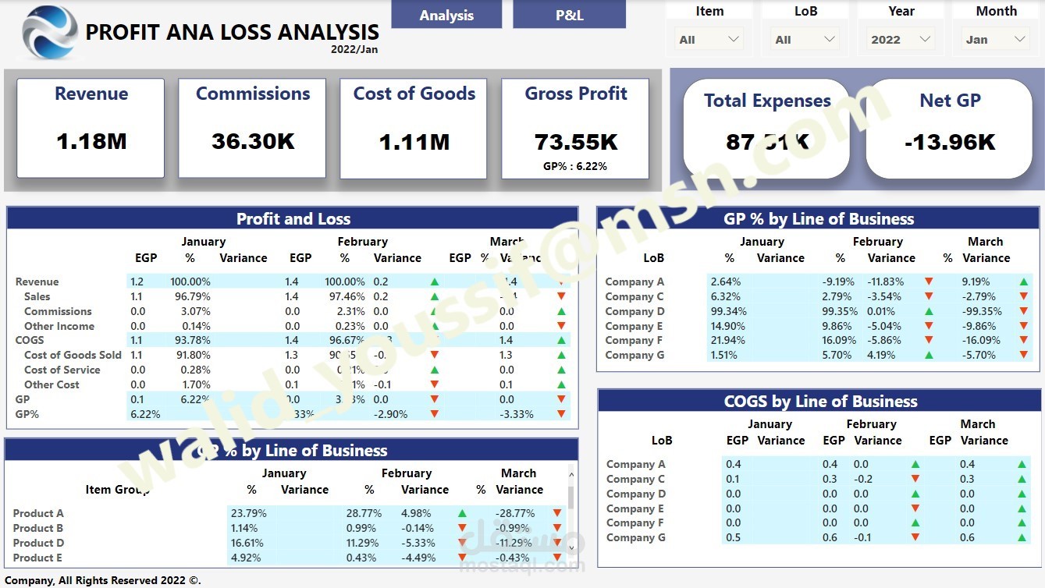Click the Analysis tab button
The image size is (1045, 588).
tap(446, 15)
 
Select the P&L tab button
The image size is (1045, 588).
tap(569, 15)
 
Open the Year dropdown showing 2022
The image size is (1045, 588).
tap(901, 40)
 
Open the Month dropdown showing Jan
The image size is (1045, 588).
tap(997, 40)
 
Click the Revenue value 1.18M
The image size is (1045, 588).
tap(91, 141)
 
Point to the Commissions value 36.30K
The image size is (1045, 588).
tap(253, 141)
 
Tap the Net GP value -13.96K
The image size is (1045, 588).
tap(950, 142)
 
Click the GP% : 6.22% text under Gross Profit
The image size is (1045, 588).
tap(575, 166)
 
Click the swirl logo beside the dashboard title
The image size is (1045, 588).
tap(50, 33)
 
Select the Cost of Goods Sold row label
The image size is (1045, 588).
tap(73, 355)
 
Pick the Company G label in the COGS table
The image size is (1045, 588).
tap(636, 537)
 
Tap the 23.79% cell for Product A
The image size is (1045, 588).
tap(249, 513)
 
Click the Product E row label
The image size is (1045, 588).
tap(37, 558)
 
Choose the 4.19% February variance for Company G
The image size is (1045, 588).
tap(880, 355)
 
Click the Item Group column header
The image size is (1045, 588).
tap(117, 490)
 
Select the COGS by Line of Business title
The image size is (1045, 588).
tap(820, 402)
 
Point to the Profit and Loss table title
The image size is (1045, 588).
tap(293, 219)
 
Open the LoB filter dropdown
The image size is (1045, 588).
tap(805, 40)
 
